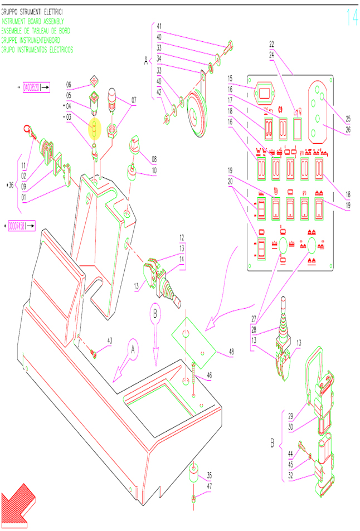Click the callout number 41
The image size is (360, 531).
click(159, 26)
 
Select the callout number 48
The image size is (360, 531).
click(232, 352)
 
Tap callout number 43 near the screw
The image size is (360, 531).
click(110, 340)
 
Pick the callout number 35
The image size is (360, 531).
click(210, 475)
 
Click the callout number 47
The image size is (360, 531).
click(210, 486)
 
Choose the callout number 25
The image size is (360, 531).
click(348, 119)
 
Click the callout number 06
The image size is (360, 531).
click(69, 85)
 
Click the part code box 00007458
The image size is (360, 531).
click(21, 226)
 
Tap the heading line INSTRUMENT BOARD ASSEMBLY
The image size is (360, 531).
click(36, 21)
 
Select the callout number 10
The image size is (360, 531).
click(154, 170)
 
